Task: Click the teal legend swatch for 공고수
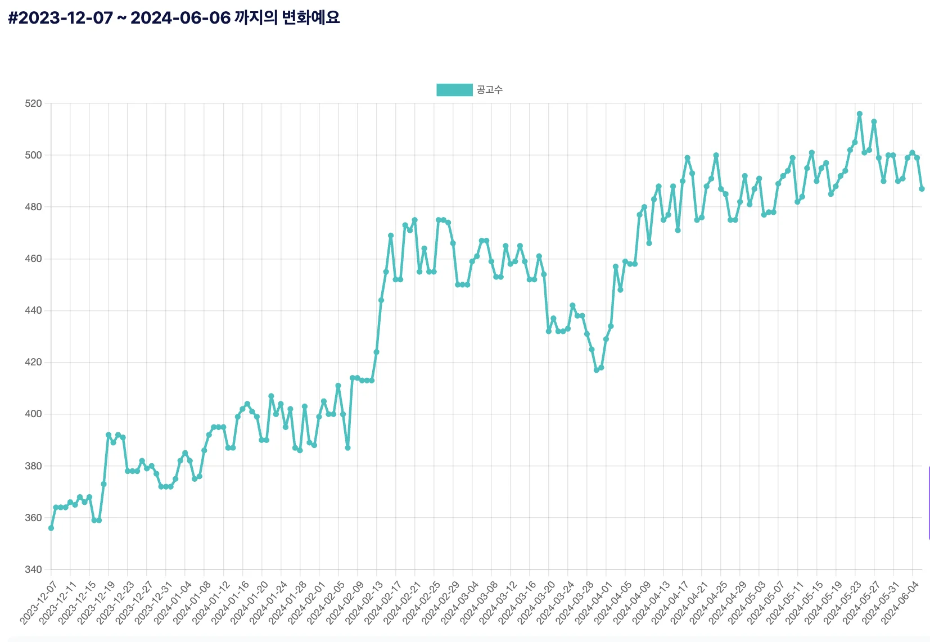pos(454,90)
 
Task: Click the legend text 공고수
pos(490,90)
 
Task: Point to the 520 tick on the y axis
pos(33,103)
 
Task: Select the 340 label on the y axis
pos(33,569)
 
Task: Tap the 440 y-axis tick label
pos(33,310)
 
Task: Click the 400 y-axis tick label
pos(33,414)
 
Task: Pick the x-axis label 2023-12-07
pos(38,603)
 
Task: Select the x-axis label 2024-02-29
pos(440,603)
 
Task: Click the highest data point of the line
pos(859,114)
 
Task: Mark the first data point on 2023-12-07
pos(51,528)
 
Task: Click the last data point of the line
pos(922,189)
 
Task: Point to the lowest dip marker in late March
pos(596,370)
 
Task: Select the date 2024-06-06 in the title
pos(180,18)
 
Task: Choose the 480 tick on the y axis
pos(33,207)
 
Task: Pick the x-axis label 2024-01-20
pos(249,603)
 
